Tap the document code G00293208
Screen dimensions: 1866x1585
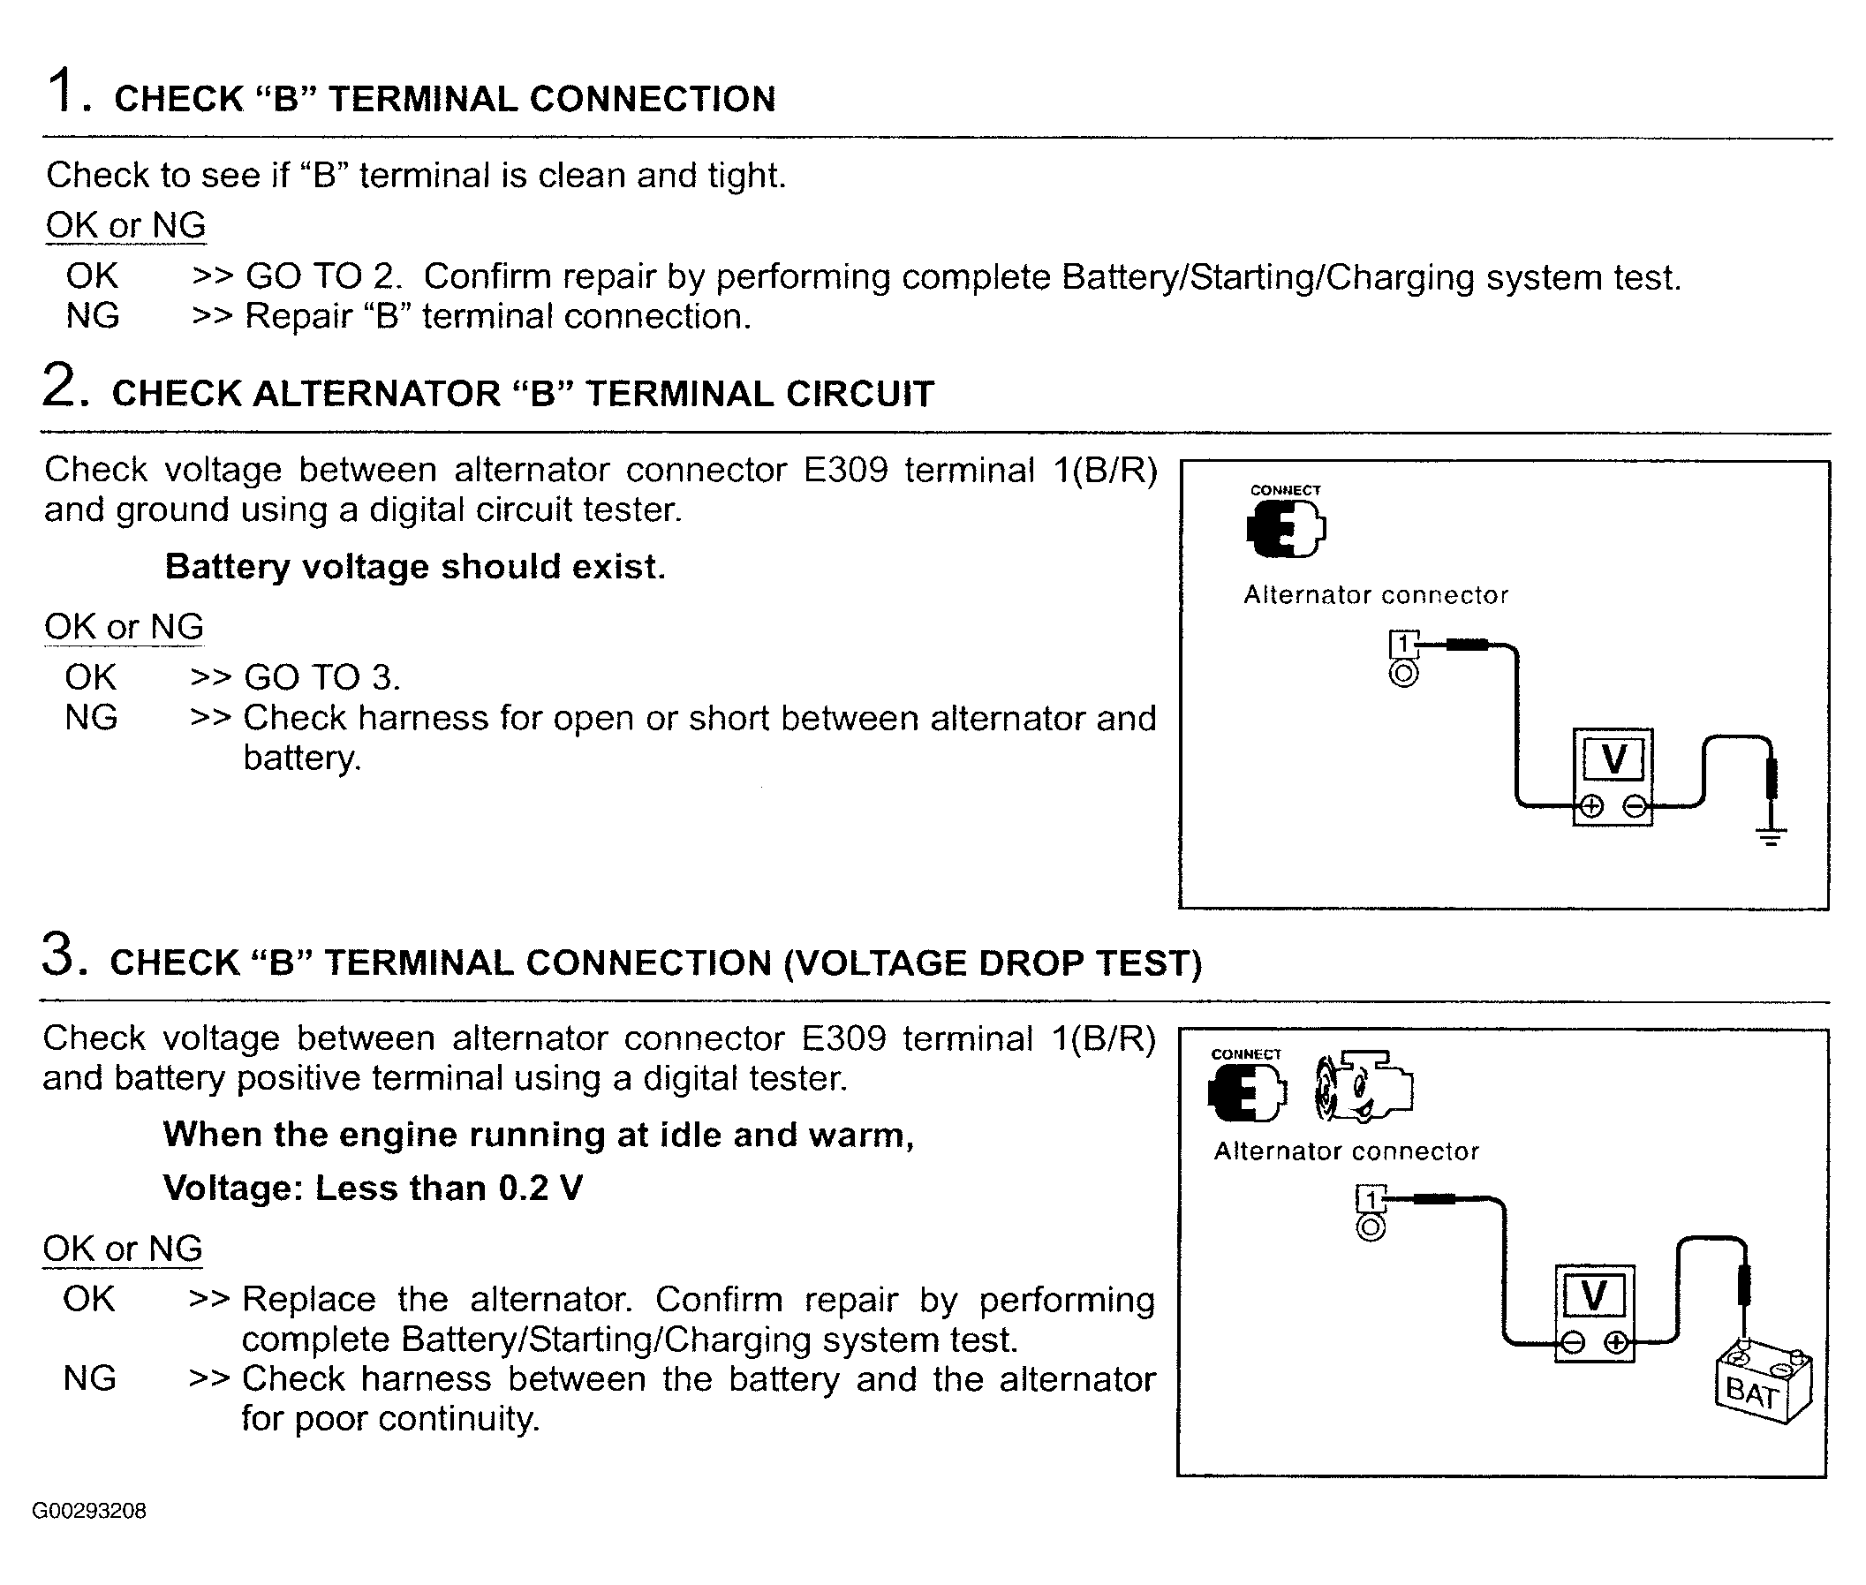(x=89, y=1511)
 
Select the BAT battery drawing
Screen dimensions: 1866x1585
(x=1763, y=1381)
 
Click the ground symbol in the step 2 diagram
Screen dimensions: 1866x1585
(x=1771, y=835)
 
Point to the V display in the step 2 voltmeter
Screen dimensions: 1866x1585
(x=1613, y=759)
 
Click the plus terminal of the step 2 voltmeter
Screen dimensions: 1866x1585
(x=1590, y=806)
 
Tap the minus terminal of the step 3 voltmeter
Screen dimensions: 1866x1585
(x=1572, y=1342)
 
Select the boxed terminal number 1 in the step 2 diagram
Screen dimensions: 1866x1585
(x=1402, y=645)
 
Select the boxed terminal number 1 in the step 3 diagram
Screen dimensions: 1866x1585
(x=1370, y=1199)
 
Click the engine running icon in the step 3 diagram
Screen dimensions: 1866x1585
(x=1363, y=1086)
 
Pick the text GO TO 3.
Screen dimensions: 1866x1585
(x=321, y=677)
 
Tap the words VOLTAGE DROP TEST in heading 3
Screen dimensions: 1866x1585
(x=992, y=962)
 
